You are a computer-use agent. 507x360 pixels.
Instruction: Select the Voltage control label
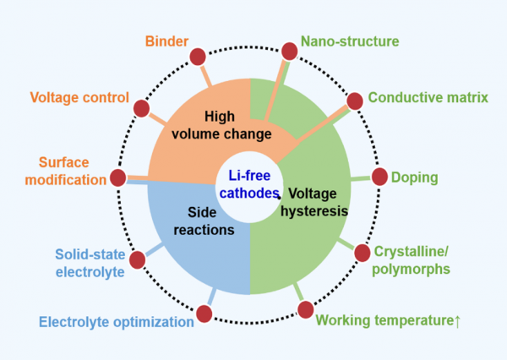point(79,97)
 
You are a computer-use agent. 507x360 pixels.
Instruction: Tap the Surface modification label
point(71,170)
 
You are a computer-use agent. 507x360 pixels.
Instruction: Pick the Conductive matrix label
point(428,97)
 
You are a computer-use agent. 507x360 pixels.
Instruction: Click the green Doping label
point(414,177)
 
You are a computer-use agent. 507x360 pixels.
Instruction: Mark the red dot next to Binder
point(198,57)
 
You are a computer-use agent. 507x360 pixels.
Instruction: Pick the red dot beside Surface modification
point(118,177)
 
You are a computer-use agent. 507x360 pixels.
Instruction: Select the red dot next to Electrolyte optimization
point(204,315)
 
